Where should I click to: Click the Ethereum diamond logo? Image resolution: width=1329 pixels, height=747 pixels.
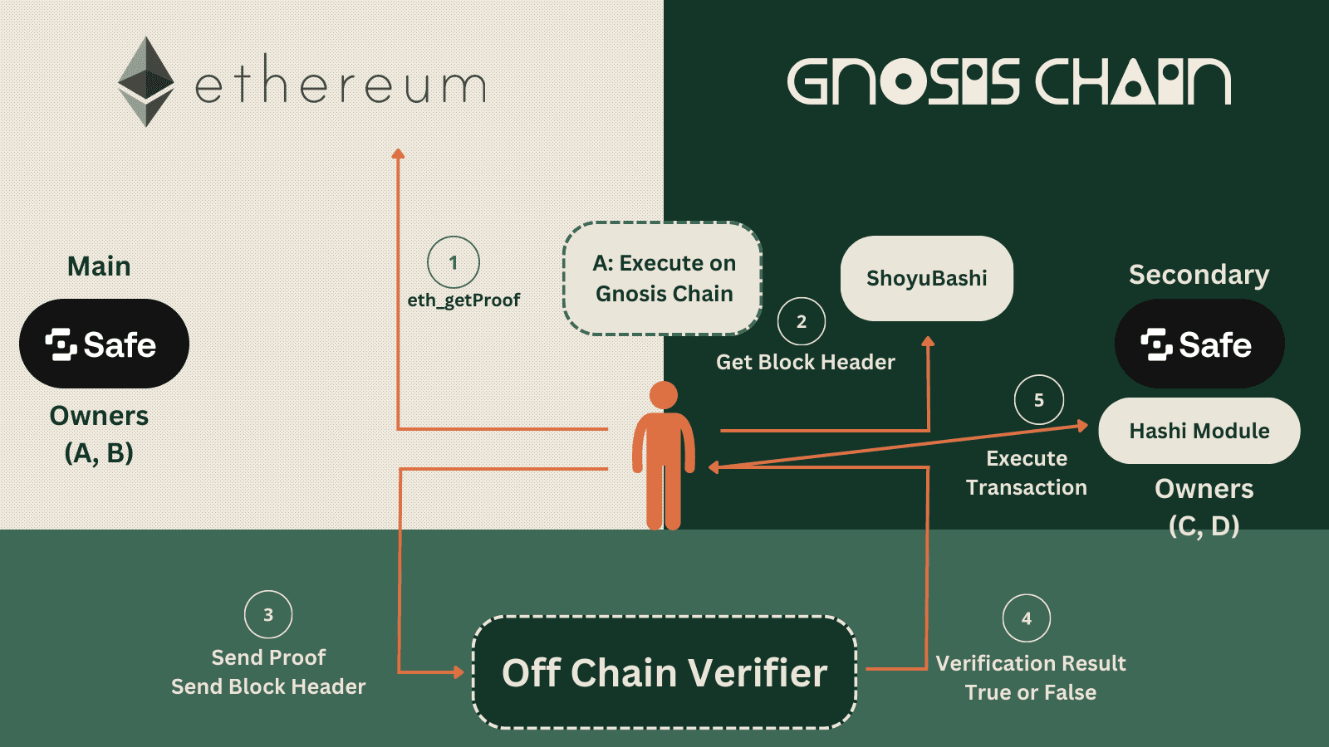[146, 81]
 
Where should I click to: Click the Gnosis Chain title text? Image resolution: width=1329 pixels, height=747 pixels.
[1008, 81]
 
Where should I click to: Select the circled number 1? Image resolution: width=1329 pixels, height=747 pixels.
[453, 262]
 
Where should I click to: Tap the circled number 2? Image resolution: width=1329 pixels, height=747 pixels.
[801, 321]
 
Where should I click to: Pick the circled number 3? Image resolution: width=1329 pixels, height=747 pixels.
[268, 615]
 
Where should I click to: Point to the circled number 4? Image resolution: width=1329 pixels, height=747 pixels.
[1027, 618]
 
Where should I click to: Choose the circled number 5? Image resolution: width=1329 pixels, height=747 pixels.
[1038, 400]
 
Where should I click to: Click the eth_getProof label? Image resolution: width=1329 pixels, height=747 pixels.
[463, 300]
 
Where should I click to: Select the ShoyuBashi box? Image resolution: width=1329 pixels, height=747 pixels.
[926, 278]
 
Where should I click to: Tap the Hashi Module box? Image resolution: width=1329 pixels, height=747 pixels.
[1199, 431]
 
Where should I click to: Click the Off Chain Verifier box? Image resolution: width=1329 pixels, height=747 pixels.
[664, 672]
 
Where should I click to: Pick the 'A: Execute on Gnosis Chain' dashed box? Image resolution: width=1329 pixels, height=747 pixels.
[663, 278]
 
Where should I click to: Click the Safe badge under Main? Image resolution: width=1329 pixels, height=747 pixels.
[104, 344]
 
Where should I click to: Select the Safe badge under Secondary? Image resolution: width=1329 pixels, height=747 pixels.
[1199, 344]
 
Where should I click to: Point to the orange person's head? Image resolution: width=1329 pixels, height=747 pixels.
[663, 395]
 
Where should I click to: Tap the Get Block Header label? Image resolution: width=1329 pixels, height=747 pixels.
[805, 362]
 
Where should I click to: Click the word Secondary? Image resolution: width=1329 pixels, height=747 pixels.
[1199, 275]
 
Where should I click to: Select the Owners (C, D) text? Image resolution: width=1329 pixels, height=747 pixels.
[1204, 506]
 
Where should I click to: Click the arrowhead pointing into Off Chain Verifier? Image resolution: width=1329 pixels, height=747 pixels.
[459, 671]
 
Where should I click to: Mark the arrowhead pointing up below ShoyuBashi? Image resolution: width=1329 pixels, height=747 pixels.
[928, 341]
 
